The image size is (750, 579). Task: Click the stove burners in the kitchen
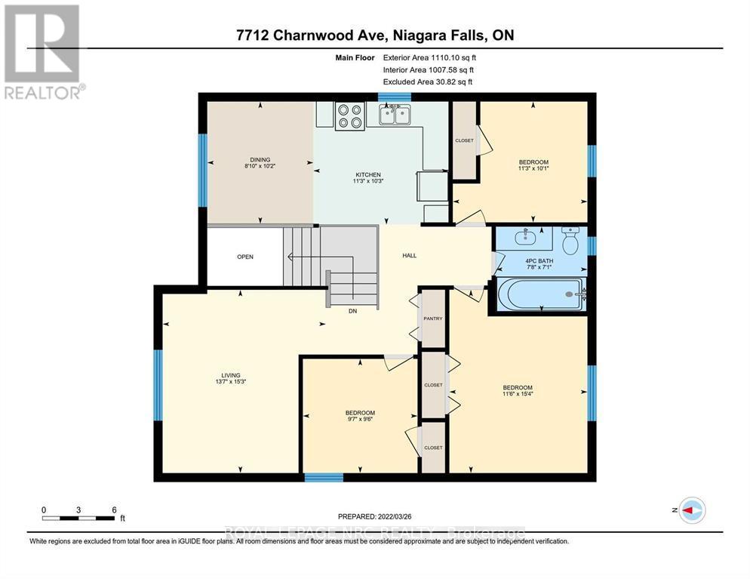click(349, 115)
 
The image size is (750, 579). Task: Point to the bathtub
click(540, 294)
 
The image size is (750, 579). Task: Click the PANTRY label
click(432, 319)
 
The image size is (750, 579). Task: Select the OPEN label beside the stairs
click(245, 257)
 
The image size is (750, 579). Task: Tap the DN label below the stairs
click(352, 311)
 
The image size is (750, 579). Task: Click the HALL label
click(409, 255)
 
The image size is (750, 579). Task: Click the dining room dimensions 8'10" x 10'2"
click(260, 166)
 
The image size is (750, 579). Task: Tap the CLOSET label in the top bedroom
click(464, 140)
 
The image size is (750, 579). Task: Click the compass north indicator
click(691, 510)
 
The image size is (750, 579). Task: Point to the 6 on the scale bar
click(114, 510)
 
